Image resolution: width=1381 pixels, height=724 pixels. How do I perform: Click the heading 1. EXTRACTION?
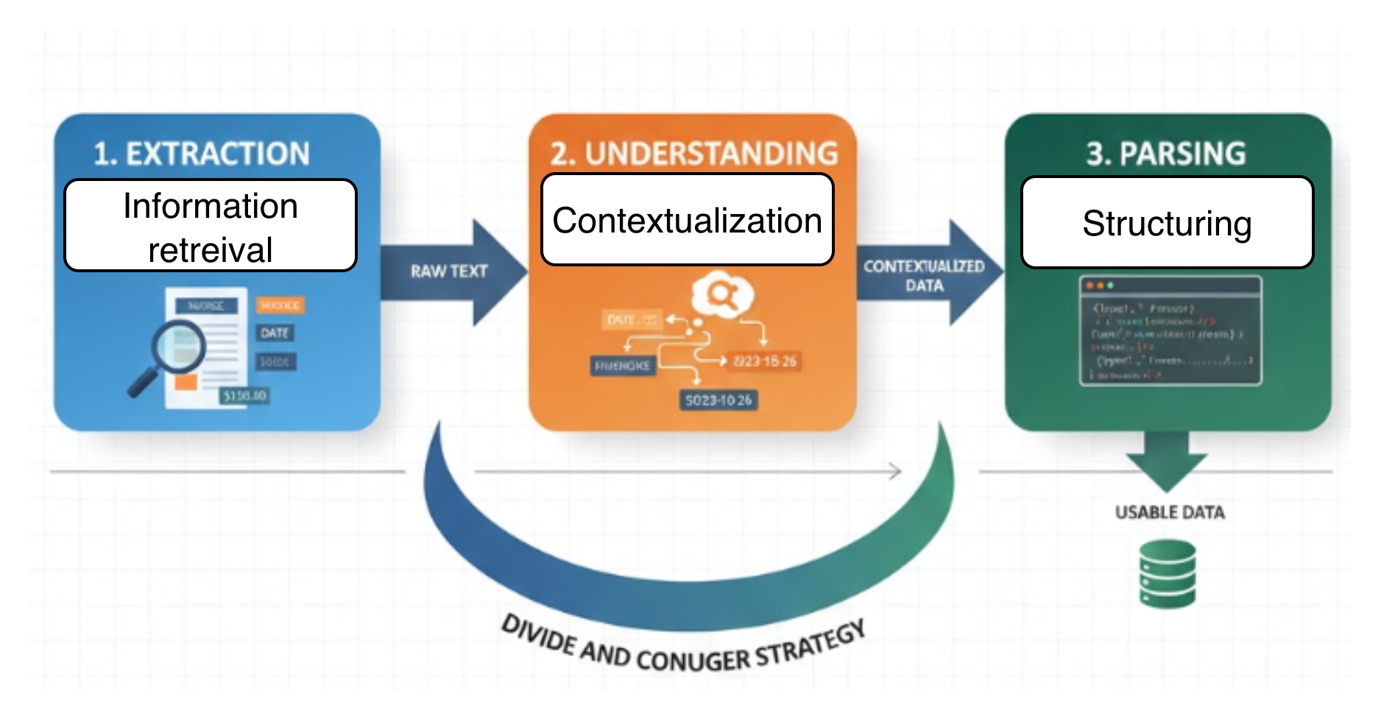click(x=202, y=154)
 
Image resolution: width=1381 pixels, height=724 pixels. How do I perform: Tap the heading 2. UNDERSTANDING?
click(x=693, y=154)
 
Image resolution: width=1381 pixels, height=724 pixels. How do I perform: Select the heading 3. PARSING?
click(x=1166, y=154)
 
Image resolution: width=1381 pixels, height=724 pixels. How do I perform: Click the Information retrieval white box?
click(x=211, y=226)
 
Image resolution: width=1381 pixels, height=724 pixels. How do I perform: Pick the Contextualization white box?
click(x=688, y=220)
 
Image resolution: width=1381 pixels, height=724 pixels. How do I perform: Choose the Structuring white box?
click(x=1167, y=223)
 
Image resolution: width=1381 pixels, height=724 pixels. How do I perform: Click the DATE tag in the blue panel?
click(x=275, y=333)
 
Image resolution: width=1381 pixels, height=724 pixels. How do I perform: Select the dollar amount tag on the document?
click(x=244, y=396)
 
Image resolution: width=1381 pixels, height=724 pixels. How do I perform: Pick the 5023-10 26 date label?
click(x=718, y=400)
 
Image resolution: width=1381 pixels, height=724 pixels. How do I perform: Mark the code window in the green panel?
click(x=1170, y=330)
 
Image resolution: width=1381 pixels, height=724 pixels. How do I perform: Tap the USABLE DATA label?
click(x=1170, y=513)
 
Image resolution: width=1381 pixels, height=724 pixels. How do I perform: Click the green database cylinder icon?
click(x=1168, y=574)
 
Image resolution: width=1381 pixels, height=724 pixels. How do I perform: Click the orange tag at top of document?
click(x=280, y=305)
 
